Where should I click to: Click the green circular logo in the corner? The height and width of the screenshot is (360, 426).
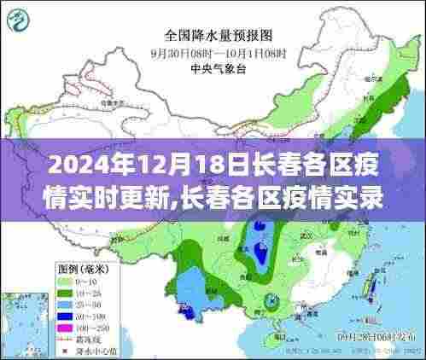[26, 20]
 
